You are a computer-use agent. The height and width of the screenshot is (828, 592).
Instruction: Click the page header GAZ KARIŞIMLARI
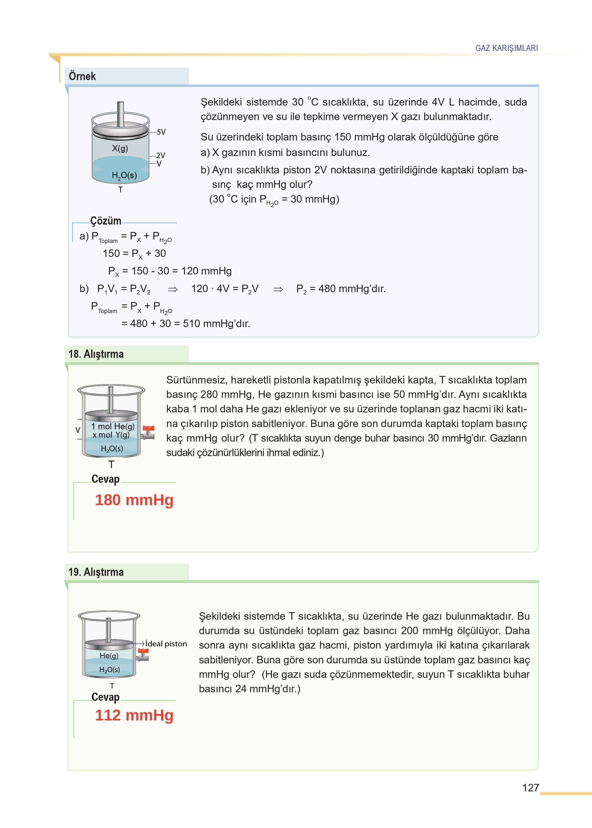[506, 48]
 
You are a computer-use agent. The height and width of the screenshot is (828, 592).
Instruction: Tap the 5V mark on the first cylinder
[161, 132]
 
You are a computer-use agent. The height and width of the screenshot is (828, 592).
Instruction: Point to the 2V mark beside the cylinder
[160, 155]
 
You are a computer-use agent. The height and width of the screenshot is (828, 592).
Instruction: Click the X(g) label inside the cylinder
[120, 148]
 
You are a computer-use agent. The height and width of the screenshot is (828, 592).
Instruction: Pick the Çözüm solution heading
[106, 221]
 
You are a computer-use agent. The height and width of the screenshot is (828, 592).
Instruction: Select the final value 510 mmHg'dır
[216, 324]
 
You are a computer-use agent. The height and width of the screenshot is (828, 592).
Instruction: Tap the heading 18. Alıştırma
[96, 354]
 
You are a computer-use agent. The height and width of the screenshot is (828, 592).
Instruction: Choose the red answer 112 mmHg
[134, 715]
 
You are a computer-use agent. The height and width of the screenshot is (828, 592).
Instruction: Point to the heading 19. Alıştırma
[96, 572]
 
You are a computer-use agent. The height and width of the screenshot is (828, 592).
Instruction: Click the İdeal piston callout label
[166, 644]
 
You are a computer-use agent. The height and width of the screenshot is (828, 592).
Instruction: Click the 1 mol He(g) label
[113, 426]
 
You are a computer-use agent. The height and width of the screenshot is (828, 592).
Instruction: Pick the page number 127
[530, 788]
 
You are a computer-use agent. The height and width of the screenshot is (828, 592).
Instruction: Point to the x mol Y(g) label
[111, 435]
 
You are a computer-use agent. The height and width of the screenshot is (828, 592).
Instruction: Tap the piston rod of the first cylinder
[120, 114]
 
